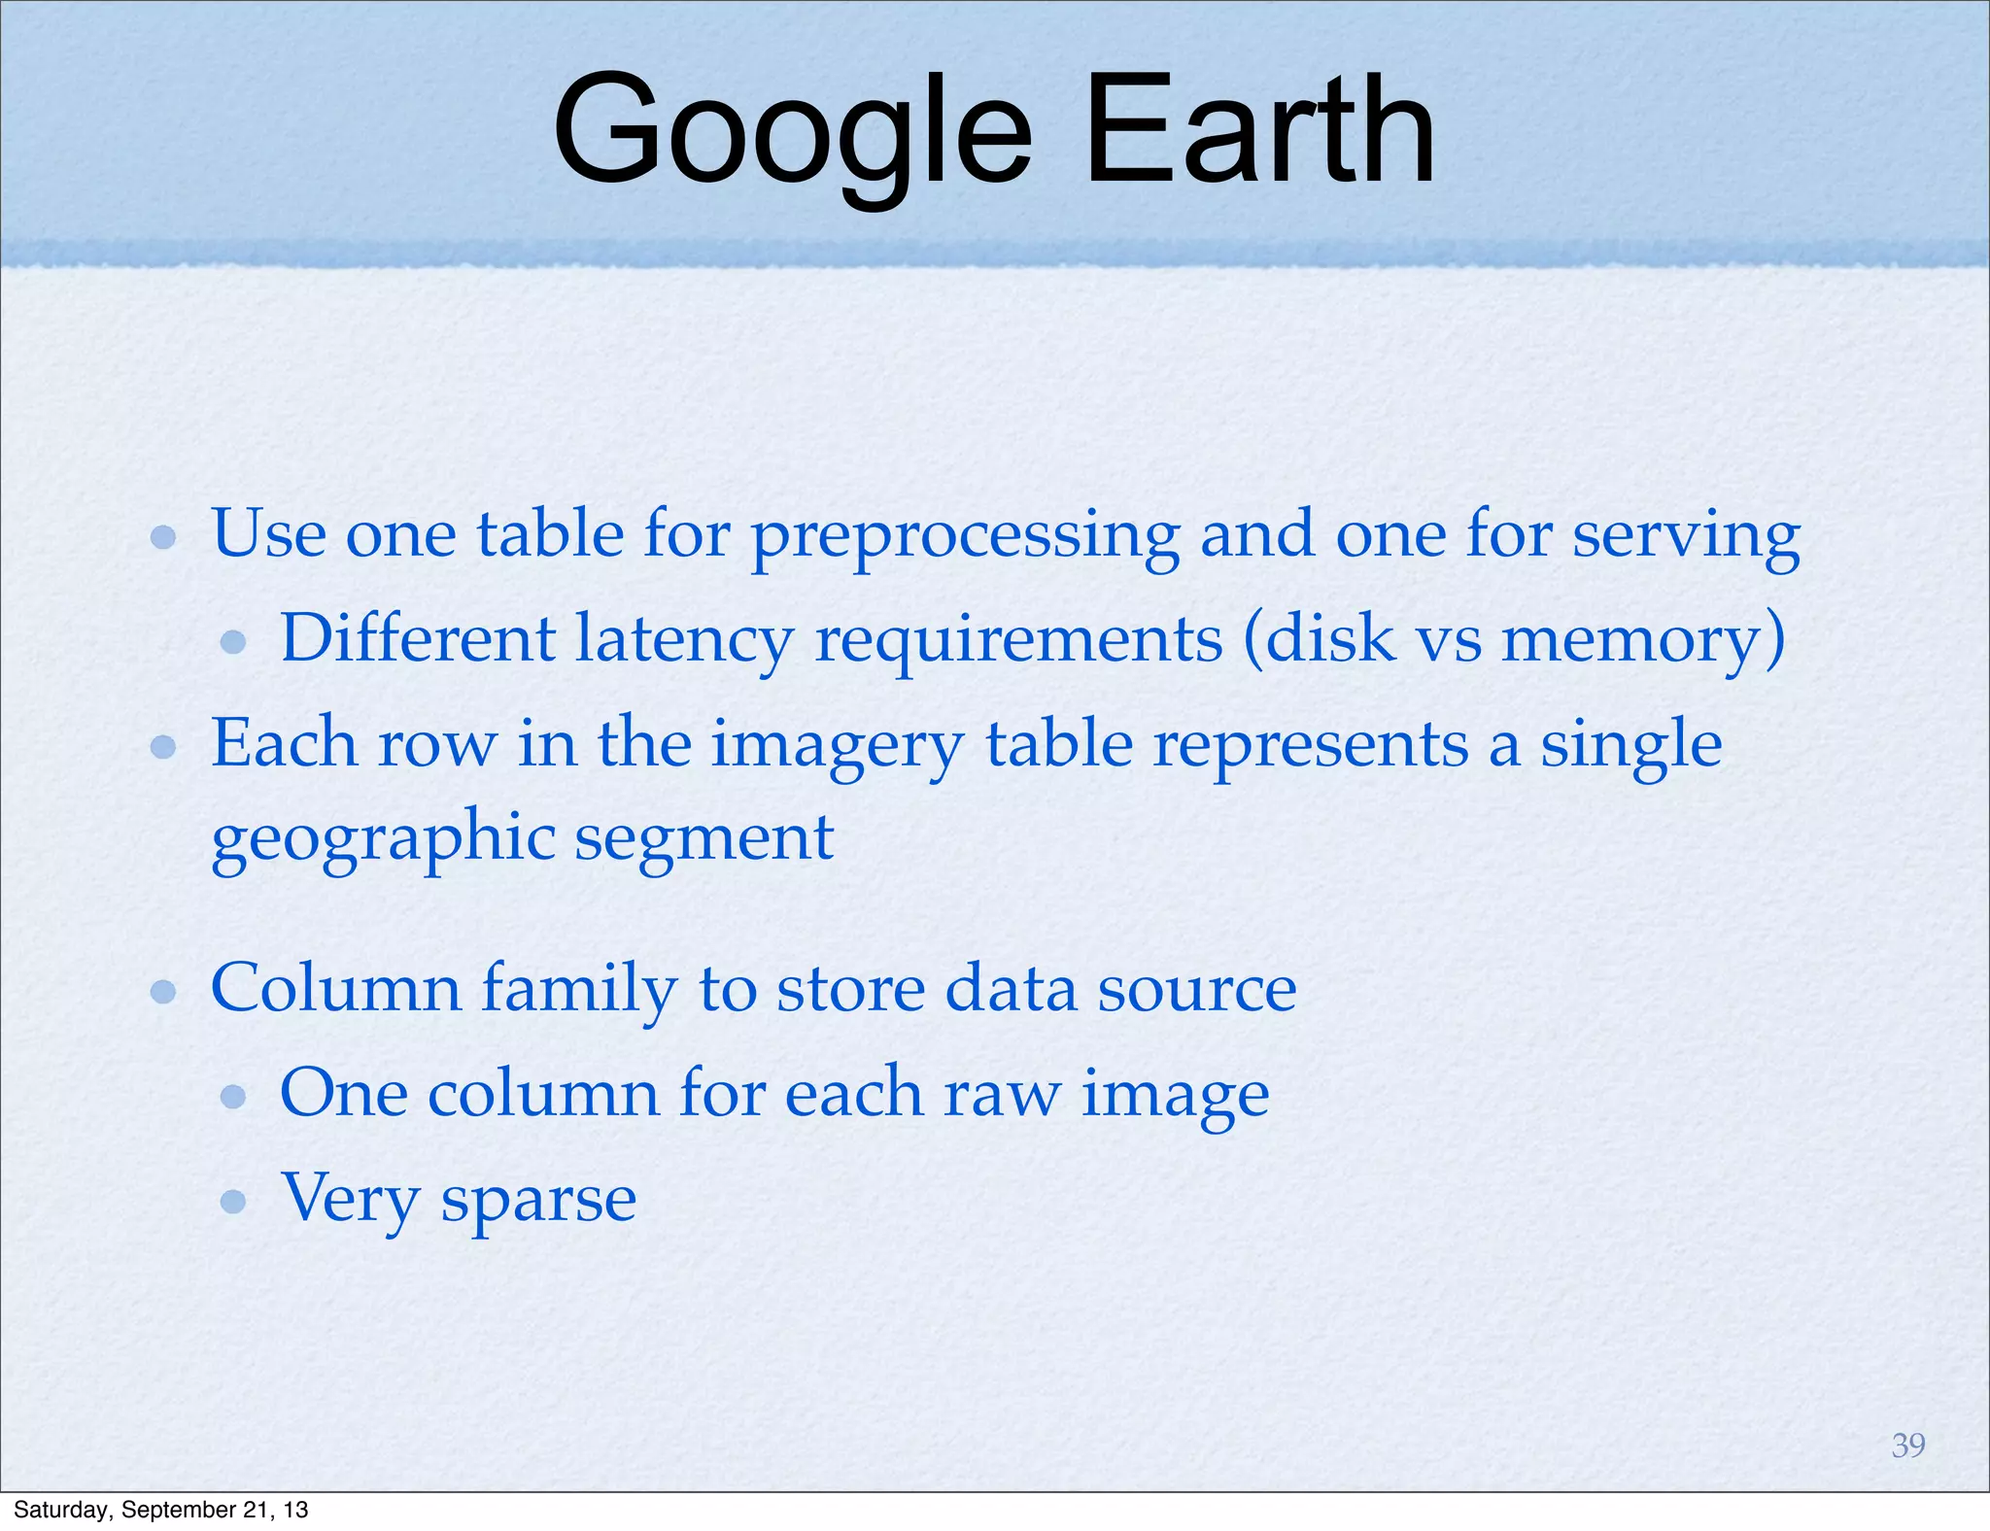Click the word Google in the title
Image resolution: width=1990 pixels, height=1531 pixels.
[792, 131]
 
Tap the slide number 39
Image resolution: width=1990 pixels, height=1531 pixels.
[1908, 1446]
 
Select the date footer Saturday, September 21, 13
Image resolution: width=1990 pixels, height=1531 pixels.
[161, 1510]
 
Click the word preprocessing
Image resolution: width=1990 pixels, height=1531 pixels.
[966, 536]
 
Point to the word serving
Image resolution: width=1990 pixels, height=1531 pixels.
[1686, 536]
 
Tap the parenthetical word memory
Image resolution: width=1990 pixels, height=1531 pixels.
[1632, 641]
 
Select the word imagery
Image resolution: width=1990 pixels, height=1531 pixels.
[837, 746]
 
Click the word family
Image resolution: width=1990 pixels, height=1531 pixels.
[579, 989]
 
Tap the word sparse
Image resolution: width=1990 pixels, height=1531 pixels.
[538, 1201]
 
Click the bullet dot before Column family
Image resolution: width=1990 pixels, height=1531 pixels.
[163, 991]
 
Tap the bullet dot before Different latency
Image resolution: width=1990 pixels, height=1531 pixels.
[233, 642]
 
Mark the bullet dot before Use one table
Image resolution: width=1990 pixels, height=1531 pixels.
[163, 537]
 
